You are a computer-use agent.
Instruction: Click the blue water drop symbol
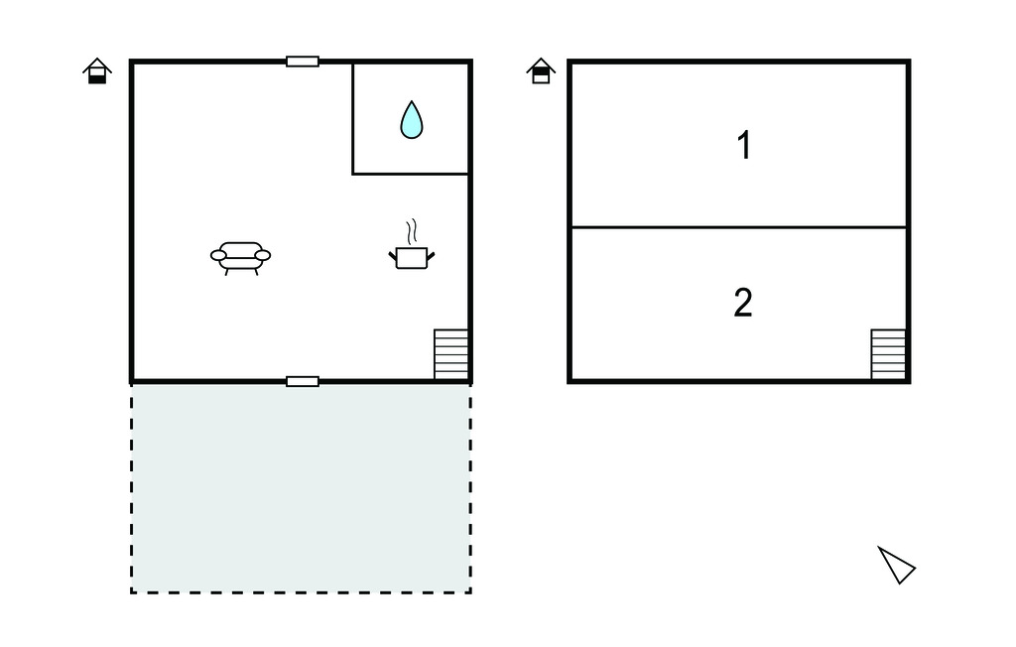[411, 120]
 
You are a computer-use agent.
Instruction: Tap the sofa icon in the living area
[240, 256]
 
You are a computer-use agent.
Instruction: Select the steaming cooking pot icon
[411, 257]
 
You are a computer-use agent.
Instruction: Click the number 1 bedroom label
[743, 146]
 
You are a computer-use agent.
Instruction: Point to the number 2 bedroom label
[743, 303]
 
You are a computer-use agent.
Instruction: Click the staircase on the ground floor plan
[450, 354]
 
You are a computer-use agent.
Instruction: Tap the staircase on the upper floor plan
[888, 354]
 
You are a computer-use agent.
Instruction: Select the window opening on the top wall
[303, 62]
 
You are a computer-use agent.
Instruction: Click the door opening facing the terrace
[303, 381]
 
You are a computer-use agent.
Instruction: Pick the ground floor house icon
[96, 71]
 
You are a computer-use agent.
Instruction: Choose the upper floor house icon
[541, 71]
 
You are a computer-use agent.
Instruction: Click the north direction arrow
[896, 565]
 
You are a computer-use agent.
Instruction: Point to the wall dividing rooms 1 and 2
[738, 227]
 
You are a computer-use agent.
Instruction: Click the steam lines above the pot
[410, 232]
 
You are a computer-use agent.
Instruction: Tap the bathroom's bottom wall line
[411, 175]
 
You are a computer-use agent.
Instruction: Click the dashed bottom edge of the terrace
[301, 592]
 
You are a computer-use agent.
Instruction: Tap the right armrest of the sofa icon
[263, 255]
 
